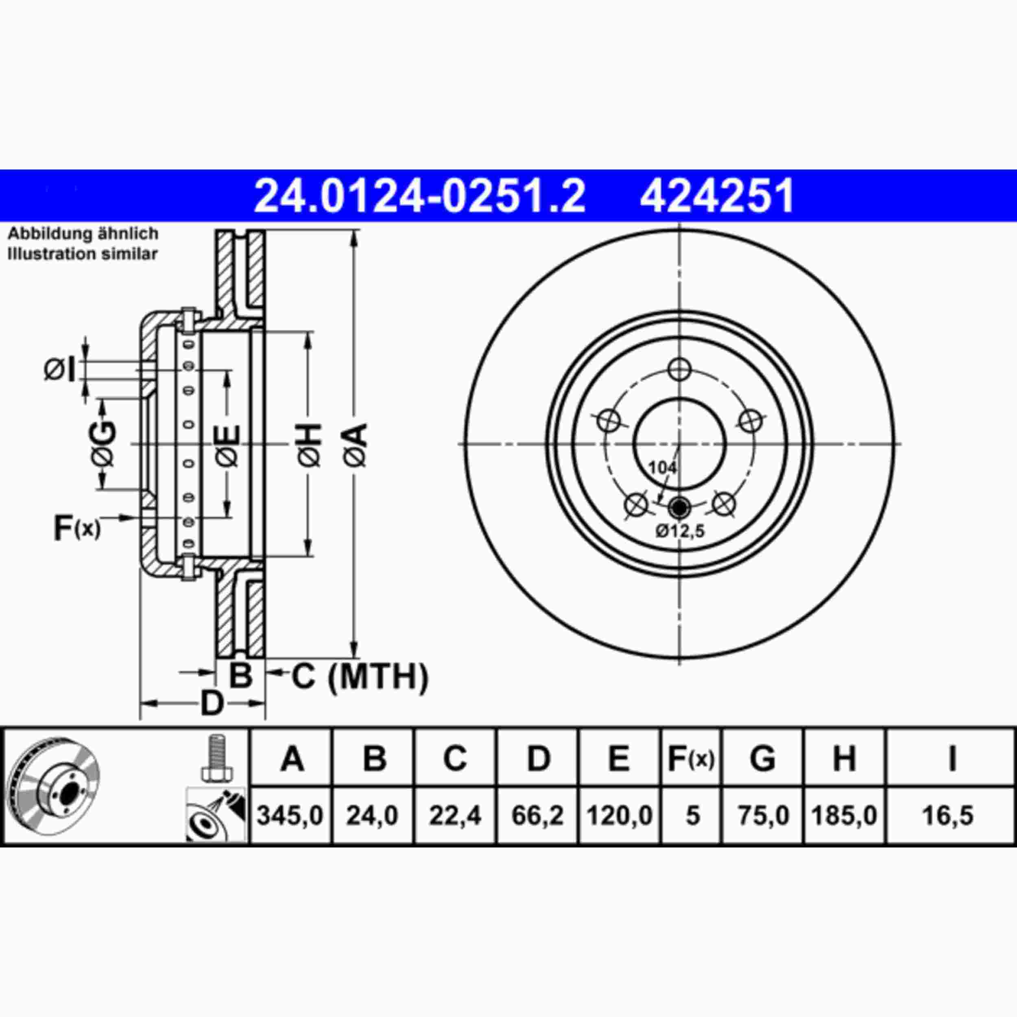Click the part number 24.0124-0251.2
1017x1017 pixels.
point(419,196)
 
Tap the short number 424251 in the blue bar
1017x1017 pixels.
point(716,196)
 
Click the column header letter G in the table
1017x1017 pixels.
point(762,759)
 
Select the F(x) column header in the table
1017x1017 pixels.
point(691,759)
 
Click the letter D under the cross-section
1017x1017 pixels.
point(212,703)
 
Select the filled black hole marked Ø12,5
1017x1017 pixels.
point(679,508)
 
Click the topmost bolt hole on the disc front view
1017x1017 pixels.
point(679,369)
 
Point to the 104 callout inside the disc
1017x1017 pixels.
point(662,467)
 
